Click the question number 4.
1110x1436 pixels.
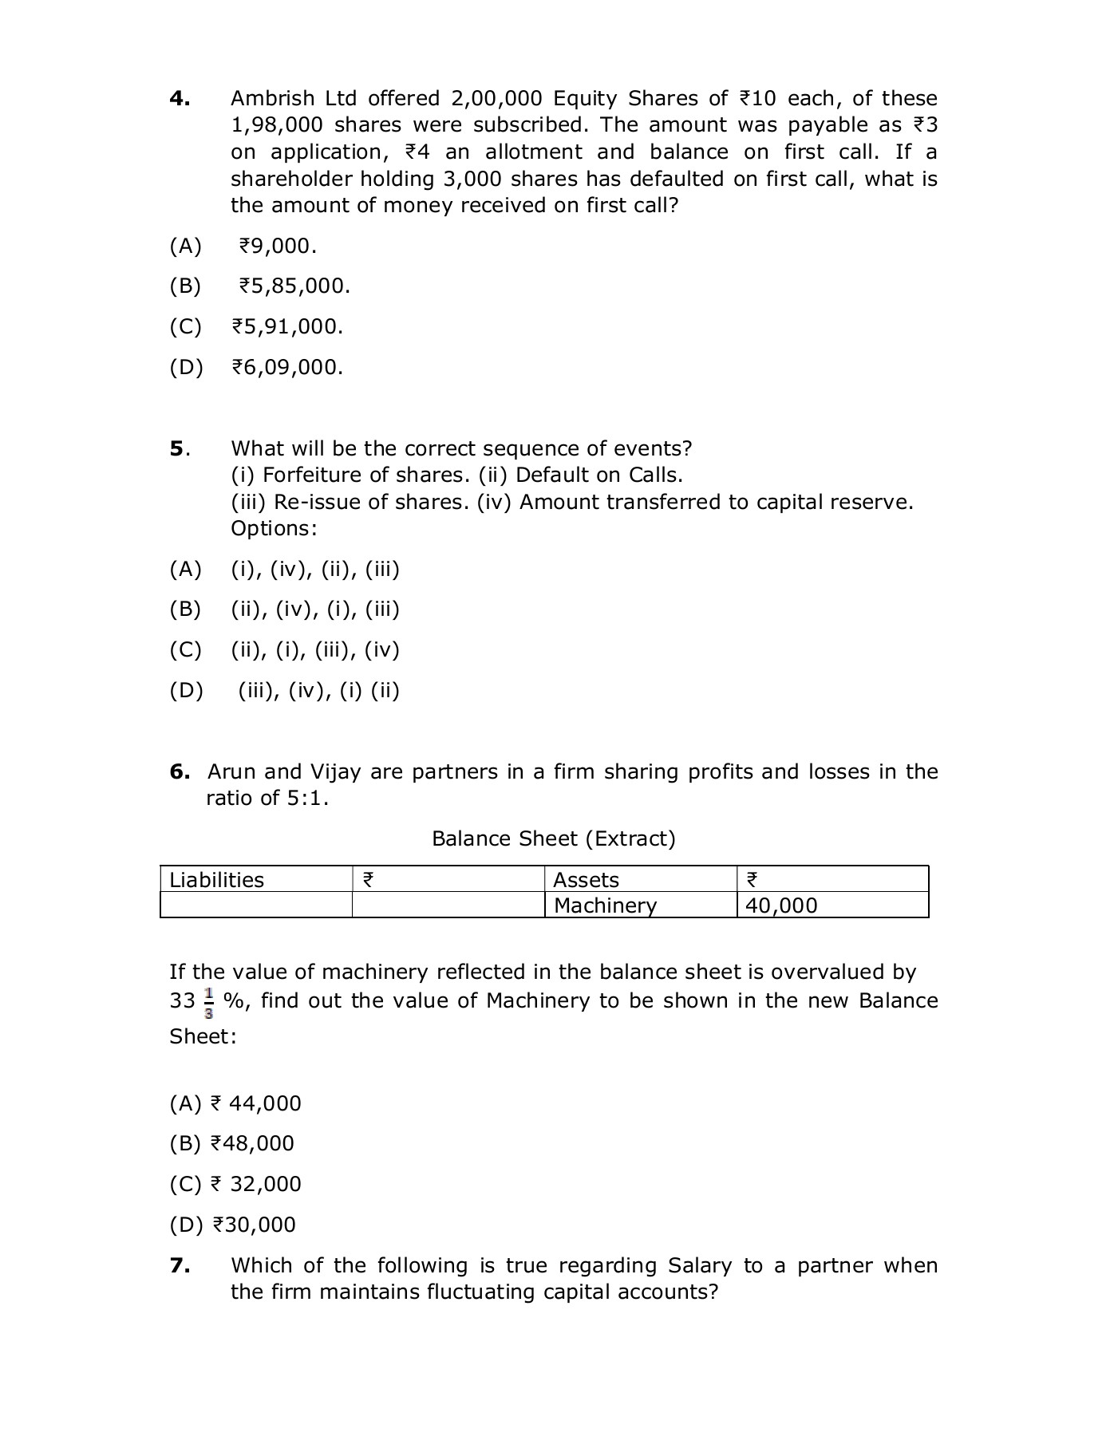pos(179,99)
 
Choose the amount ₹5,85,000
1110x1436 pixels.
pos(294,286)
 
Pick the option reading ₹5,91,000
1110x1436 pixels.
pos(287,327)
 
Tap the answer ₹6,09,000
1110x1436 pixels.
pos(287,368)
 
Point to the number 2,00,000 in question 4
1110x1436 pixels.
pos(496,99)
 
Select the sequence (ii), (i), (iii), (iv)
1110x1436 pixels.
pos(314,650)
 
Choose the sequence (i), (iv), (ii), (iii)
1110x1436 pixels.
pos(314,570)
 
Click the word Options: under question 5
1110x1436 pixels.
pos(274,529)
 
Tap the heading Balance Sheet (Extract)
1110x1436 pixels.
pos(553,838)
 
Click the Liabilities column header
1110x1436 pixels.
pos(216,880)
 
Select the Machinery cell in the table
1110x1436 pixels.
pos(605,905)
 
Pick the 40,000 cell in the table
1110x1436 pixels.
pos(781,905)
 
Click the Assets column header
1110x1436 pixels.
pos(586,880)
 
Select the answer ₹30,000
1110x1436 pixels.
pos(254,1225)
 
